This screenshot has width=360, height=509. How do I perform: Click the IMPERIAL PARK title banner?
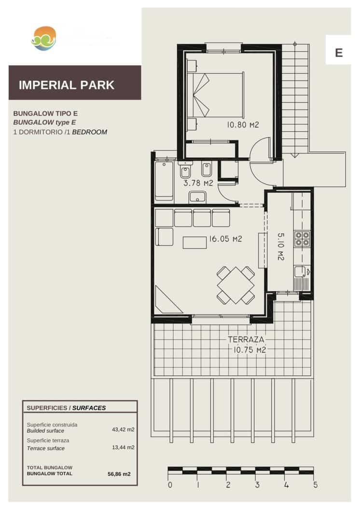[75, 85]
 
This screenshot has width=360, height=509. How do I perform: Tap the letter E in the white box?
[339, 52]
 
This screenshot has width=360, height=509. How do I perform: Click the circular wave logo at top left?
[44, 38]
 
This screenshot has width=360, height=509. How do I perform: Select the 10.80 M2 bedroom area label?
[243, 125]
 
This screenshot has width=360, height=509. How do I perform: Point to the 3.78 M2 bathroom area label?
[198, 184]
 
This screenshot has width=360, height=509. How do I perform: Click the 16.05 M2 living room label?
[225, 239]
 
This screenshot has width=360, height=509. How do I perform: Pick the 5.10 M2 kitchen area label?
[281, 247]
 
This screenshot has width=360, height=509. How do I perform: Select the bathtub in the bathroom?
[164, 181]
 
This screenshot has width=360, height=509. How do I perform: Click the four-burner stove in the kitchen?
[303, 239]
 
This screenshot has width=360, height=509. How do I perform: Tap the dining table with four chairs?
[235, 285]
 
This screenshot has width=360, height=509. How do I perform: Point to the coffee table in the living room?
[194, 242]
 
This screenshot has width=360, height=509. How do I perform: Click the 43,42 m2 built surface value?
[123, 428]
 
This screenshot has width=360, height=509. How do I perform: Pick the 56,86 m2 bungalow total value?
[119, 474]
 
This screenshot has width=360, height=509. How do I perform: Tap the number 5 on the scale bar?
[315, 485]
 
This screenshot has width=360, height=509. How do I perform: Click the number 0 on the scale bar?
[170, 485]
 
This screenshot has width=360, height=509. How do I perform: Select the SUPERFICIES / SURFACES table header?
[66, 408]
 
